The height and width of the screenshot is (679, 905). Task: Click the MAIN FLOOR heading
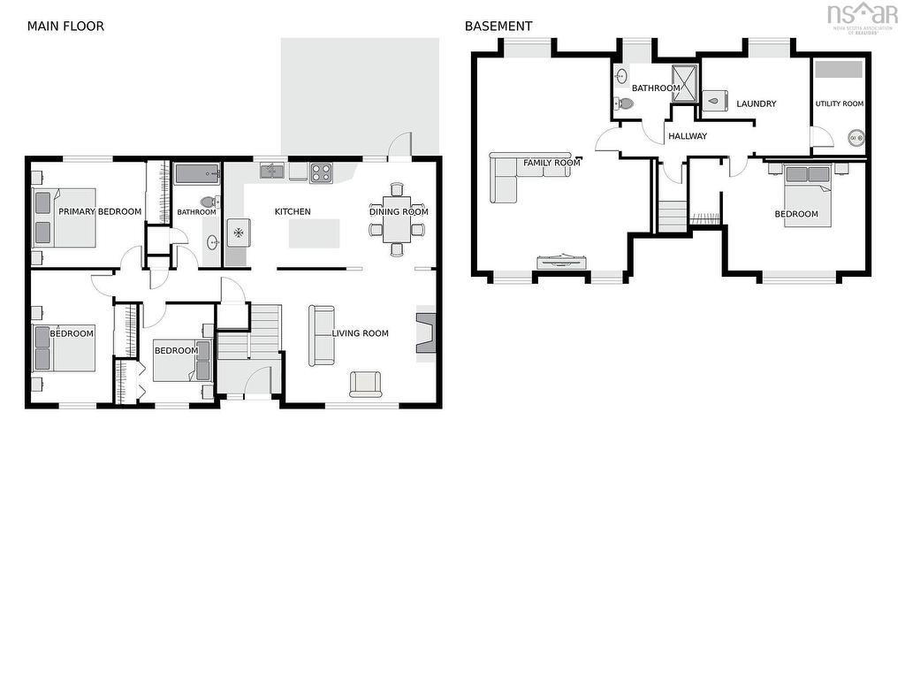pyautogui.click(x=65, y=26)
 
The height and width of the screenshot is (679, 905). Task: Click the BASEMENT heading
pyautogui.click(x=498, y=26)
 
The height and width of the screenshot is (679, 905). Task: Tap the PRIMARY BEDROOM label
pyautogui.click(x=100, y=211)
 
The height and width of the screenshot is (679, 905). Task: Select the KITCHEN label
pyautogui.click(x=293, y=211)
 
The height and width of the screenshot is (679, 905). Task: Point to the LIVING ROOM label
pyautogui.click(x=361, y=333)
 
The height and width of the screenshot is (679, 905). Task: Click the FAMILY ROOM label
pyautogui.click(x=551, y=163)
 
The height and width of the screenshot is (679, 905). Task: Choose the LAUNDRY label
pyautogui.click(x=757, y=104)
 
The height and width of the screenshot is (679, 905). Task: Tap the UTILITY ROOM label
pyautogui.click(x=840, y=104)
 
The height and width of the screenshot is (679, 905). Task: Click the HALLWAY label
pyautogui.click(x=688, y=136)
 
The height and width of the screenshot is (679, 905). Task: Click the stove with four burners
pyautogui.click(x=321, y=172)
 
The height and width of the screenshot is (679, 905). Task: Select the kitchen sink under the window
pyautogui.click(x=271, y=171)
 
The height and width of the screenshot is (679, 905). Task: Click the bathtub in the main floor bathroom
pyautogui.click(x=197, y=174)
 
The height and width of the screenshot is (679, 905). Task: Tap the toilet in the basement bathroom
pyautogui.click(x=623, y=104)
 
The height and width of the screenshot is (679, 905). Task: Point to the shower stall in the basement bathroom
pyautogui.click(x=685, y=83)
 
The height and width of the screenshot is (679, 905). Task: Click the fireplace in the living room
pyautogui.click(x=426, y=333)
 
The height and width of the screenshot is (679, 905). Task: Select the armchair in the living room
pyautogui.click(x=365, y=385)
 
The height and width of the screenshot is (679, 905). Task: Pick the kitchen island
pyautogui.click(x=314, y=233)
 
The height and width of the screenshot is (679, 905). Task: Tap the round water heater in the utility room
pyautogui.click(x=856, y=138)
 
